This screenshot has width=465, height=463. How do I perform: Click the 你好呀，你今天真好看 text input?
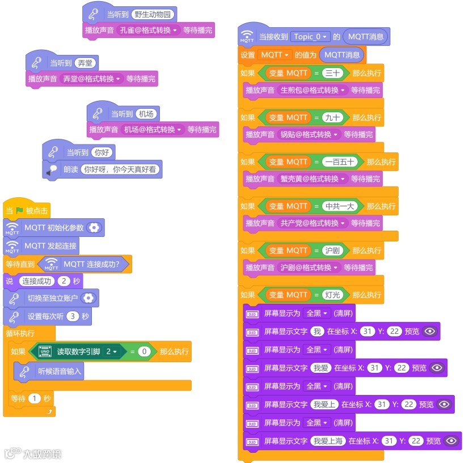tap(121, 169)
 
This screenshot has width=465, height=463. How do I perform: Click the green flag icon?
tap(20, 211)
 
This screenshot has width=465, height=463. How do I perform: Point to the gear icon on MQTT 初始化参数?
tap(95, 228)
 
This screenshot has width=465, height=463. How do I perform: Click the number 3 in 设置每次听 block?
tap(72, 316)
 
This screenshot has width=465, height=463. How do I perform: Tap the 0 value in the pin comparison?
tap(144, 352)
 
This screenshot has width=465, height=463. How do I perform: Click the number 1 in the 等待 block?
tap(34, 398)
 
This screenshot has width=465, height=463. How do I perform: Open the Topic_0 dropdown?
tap(310, 37)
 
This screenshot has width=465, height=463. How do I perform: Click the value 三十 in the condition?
tap(332, 73)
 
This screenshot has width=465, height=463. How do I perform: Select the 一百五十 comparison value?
tap(340, 162)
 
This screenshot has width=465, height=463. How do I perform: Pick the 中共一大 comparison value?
tap(340, 206)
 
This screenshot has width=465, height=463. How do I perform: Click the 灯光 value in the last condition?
tap(332, 295)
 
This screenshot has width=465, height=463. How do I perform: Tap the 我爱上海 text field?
tap(327, 441)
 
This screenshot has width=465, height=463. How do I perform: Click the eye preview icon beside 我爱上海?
tap(451, 441)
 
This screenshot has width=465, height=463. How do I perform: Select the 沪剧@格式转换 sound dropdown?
tap(309, 267)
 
